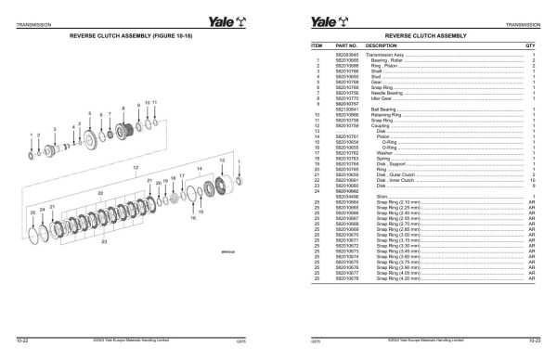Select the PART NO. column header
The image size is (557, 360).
348,45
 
